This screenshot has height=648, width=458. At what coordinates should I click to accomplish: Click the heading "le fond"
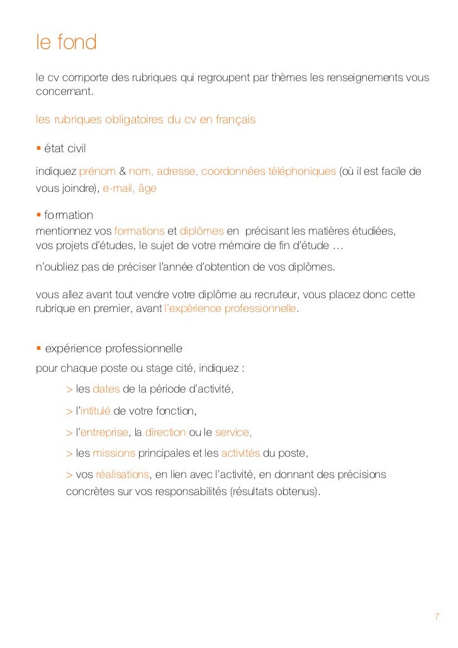[x=66, y=43]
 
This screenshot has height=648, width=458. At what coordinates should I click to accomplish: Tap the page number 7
[x=437, y=617]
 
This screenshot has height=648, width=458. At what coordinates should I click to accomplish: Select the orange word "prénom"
[x=97, y=172]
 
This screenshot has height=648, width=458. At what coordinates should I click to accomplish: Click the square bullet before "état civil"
[x=38, y=149]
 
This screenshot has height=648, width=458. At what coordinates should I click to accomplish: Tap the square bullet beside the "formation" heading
[x=38, y=215]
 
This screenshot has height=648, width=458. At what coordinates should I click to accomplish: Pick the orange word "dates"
[x=106, y=389]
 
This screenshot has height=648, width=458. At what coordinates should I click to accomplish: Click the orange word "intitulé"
[x=95, y=411]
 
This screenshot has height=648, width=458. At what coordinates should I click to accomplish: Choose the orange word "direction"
[x=165, y=433]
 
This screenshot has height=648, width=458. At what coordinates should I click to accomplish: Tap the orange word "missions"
[x=109, y=454]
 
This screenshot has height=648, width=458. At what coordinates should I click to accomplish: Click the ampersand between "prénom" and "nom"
[x=123, y=172]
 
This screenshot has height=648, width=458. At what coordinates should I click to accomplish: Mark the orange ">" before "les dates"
[x=69, y=389]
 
